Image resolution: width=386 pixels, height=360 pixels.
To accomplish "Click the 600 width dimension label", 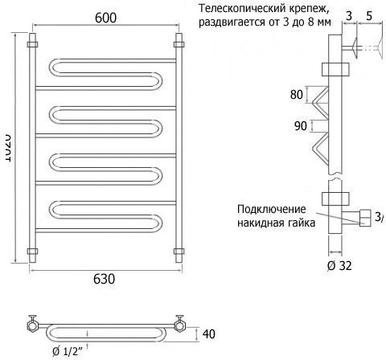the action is point(106,18).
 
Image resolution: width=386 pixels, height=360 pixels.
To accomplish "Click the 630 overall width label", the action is point(104,279).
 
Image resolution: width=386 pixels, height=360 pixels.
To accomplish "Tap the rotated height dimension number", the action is point(8,148).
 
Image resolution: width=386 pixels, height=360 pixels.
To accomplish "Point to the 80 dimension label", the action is point(297,94).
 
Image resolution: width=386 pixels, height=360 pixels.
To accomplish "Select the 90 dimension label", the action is point(301,126).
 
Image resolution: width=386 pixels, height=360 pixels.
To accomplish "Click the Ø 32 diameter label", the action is point(339,266).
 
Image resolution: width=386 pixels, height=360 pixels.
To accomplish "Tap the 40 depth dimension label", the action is point(209,333).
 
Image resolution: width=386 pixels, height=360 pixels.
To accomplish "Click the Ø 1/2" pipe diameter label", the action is point(67,351).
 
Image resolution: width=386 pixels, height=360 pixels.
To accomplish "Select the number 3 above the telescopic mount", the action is point(349,16).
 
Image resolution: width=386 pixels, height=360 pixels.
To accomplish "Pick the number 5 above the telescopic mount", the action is point(369,16).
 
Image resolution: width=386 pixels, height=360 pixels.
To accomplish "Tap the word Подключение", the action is point(272,209).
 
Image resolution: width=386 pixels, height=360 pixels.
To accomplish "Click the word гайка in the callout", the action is point(302,223).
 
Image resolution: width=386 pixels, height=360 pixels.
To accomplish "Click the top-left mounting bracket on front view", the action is point(32,44).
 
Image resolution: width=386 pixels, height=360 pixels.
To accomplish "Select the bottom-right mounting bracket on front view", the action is point(179,252).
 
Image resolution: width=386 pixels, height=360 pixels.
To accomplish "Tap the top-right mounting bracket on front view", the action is point(179,44).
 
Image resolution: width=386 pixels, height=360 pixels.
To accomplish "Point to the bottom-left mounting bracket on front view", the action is point(32,252).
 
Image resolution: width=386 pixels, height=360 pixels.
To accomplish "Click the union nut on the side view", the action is point(365,218).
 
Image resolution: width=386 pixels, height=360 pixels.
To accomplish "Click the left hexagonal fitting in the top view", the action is point(33,325).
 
